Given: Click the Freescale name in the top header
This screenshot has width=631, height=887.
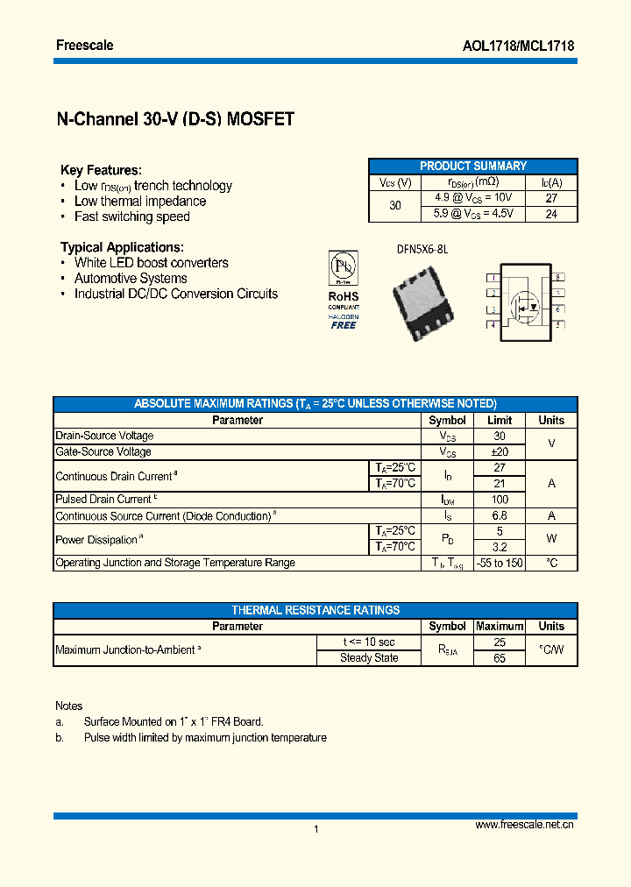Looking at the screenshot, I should tap(84, 45).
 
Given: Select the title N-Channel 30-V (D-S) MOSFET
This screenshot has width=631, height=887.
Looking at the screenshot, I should tap(175, 120).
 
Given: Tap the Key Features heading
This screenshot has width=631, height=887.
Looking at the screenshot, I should tap(101, 170).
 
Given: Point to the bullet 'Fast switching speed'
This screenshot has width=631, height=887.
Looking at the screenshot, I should tap(131, 216).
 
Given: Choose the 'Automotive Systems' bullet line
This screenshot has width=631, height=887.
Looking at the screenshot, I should tap(131, 279).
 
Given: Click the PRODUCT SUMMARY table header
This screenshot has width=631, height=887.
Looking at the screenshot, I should tap(472, 166).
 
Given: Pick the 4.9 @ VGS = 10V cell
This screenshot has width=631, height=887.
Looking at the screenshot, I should tap(473, 197).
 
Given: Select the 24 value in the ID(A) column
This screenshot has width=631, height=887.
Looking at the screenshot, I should tap(551, 213).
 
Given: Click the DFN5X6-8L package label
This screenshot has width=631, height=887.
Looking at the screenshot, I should tap(422, 249).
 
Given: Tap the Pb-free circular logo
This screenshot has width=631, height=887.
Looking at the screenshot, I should tap(343, 266).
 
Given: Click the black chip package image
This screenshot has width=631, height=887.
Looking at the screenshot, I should tap(423, 302).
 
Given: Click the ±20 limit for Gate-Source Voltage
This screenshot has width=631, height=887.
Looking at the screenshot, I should tap(500, 452).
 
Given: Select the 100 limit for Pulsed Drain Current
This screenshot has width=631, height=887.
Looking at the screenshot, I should tap(500, 500).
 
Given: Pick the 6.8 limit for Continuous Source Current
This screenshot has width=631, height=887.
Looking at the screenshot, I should tap(500, 516).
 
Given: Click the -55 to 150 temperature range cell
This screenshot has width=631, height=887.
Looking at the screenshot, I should tap(500, 563).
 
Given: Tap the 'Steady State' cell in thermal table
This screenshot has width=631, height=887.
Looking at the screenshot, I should tap(369, 658).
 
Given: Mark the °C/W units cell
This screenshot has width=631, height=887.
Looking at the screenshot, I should tap(551, 649).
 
